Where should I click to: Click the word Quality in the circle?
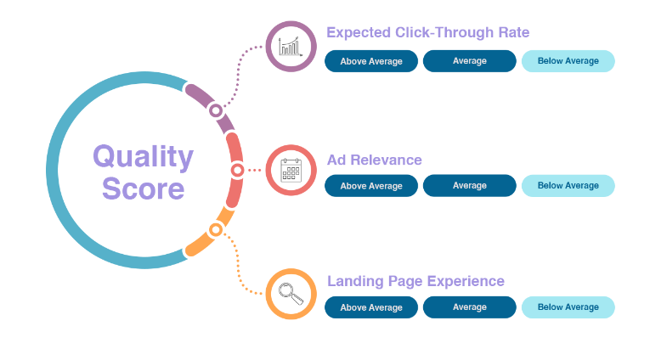(x=143, y=156)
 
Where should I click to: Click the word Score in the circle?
(x=143, y=188)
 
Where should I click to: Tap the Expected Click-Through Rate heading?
(x=427, y=32)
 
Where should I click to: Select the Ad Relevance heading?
(x=374, y=160)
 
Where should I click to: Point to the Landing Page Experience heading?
(x=415, y=281)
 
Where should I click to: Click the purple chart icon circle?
(x=291, y=46)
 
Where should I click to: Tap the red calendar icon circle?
(x=291, y=170)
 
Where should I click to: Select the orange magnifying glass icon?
(x=291, y=293)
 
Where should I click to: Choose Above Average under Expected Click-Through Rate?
(x=371, y=61)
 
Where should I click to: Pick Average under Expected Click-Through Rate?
(x=470, y=61)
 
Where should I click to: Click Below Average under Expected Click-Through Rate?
(x=568, y=61)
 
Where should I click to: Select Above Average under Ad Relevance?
(x=371, y=185)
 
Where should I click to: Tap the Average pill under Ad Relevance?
(x=470, y=185)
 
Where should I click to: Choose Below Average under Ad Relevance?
(x=568, y=185)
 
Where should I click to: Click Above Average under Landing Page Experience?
(x=371, y=307)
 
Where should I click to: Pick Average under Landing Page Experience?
(x=470, y=307)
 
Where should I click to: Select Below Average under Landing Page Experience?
(x=568, y=307)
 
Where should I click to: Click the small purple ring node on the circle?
(x=216, y=110)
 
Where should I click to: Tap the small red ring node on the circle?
(x=237, y=170)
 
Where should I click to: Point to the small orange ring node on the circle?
(x=216, y=229)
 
